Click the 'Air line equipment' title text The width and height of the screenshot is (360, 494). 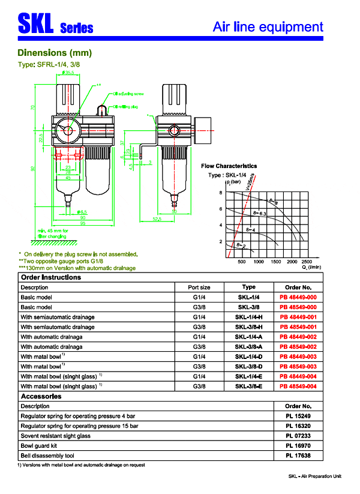coord(268,26)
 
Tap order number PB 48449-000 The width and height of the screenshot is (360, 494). coord(298,297)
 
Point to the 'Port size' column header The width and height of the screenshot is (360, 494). coord(199,287)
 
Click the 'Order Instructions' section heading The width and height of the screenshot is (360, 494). coord(50,277)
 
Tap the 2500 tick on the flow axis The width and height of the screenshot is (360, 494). coord(307,262)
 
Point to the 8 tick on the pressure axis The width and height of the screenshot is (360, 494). coord(220,193)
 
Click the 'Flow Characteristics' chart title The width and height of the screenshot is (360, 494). coord(229,166)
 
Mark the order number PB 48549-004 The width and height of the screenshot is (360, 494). coord(298,386)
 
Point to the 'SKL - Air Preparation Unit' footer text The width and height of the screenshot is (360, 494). coord(314,476)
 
